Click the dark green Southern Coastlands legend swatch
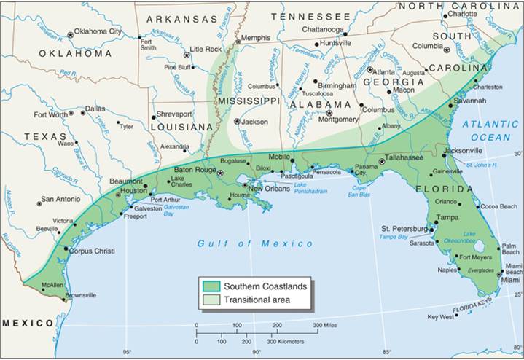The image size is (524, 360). [212, 286]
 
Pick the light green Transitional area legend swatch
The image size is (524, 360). [212, 300]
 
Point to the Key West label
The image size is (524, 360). [441, 317]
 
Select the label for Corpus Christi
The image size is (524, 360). [92, 251]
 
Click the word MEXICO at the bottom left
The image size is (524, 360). [28, 323]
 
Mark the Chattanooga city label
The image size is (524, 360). [319, 29]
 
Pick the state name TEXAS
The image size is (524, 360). [46, 137]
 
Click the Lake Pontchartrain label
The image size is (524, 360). [311, 188]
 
